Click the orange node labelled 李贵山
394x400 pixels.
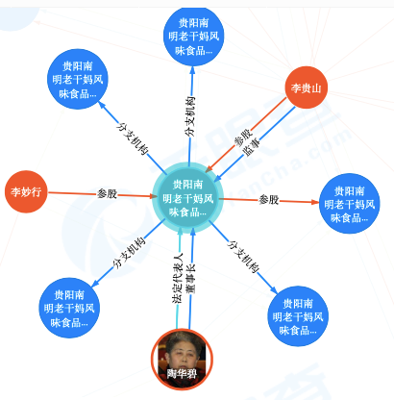(x=307, y=87)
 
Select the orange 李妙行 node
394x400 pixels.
(x=26, y=191)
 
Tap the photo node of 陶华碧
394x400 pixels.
(x=182, y=359)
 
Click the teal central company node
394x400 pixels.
(x=187, y=197)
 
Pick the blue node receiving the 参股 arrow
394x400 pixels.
(x=350, y=204)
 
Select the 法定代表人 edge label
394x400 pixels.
(x=177, y=278)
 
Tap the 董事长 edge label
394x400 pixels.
(x=191, y=279)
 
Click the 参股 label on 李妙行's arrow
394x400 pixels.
(x=108, y=193)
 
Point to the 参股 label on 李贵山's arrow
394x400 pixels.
(x=243, y=137)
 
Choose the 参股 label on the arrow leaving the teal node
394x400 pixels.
(x=269, y=200)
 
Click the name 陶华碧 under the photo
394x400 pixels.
(x=182, y=374)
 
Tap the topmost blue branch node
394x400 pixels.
(x=194, y=36)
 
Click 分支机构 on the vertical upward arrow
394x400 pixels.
(x=190, y=116)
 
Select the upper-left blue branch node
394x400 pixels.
(x=78, y=79)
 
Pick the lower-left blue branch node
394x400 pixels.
(x=69, y=308)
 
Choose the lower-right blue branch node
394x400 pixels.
(x=298, y=316)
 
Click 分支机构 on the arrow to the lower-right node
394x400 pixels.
(x=243, y=257)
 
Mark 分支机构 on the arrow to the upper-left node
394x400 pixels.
(x=133, y=138)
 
